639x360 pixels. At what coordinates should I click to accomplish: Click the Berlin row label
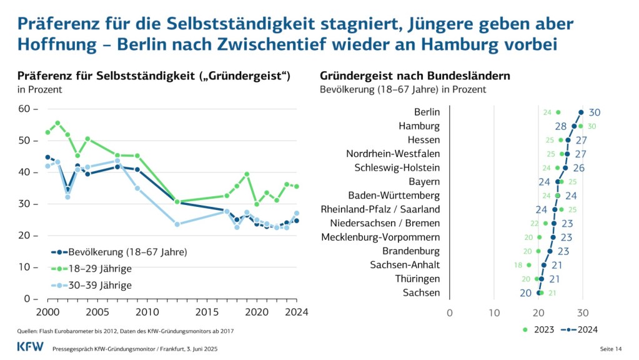tap(427, 112)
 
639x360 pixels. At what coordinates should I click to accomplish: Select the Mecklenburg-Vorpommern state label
tap(380, 237)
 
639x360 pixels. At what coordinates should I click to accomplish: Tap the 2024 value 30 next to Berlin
tap(595, 112)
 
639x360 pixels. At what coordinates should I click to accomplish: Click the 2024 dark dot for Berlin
tap(581, 112)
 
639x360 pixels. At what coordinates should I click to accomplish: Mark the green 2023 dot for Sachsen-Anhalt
tap(528, 265)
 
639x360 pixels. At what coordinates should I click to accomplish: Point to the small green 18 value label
tap(518, 265)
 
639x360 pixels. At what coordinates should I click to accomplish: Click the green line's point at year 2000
tap(47, 132)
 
